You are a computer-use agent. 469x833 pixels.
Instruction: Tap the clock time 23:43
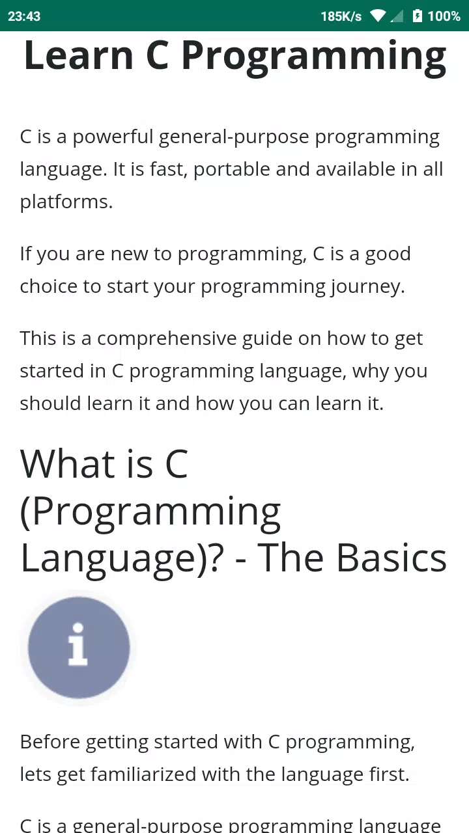pos(24,16)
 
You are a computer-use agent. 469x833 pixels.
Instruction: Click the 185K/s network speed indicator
pos(341,16)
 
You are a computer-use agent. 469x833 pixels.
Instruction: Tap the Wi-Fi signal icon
pos(377,16)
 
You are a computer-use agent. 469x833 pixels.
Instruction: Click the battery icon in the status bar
pos(418,16)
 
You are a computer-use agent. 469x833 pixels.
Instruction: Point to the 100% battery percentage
pos(444,16)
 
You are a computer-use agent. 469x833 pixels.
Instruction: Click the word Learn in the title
pos(79,55)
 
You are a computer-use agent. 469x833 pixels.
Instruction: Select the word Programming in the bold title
pos(314,59)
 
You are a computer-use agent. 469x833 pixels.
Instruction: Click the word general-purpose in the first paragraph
pos(234,137)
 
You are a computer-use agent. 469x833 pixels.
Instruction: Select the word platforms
pos(66,202)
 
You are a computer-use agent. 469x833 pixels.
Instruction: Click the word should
pos(50,403)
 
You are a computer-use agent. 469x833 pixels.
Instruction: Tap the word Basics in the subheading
pos(391,558)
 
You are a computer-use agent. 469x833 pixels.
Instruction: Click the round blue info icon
pos(79,648)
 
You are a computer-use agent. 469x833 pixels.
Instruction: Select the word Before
pos(50,742)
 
